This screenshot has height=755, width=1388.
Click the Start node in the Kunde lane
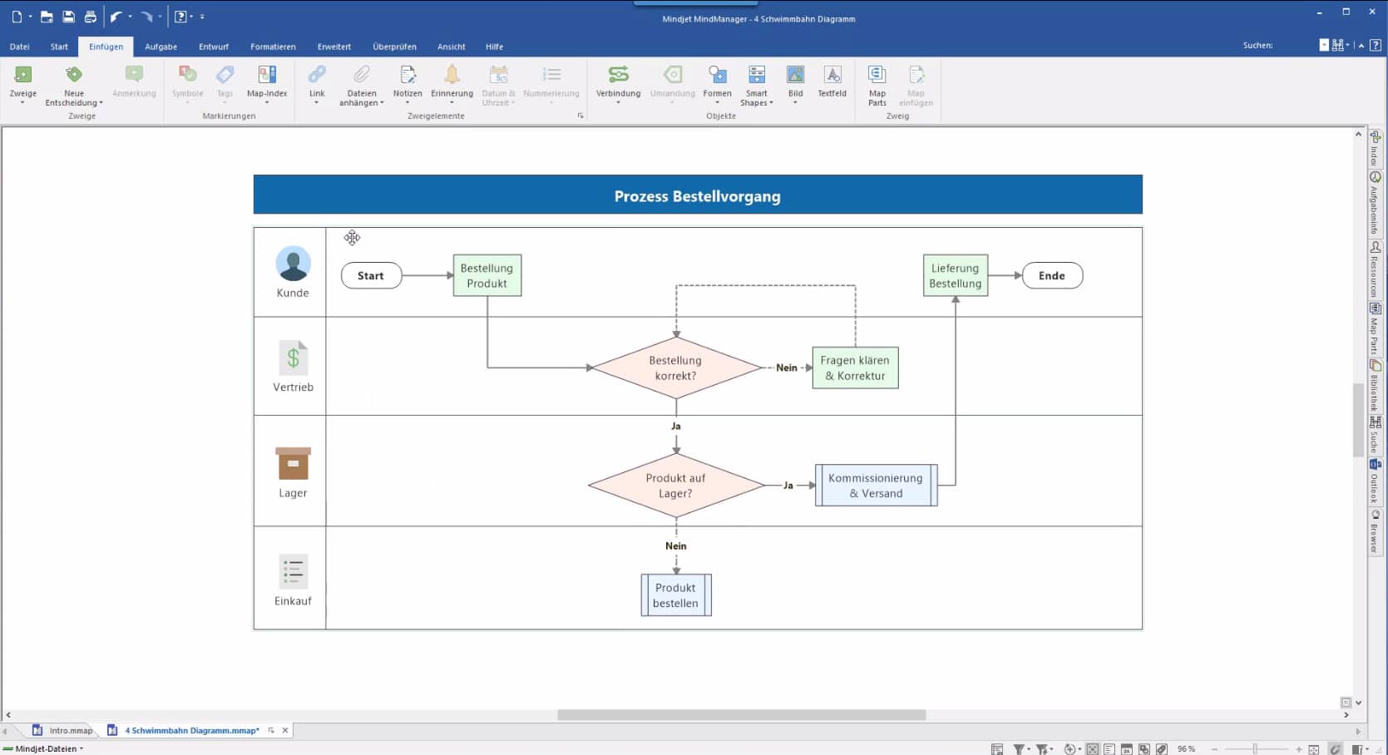(x=371, y=276)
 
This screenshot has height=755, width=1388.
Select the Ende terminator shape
(x=1051, y=276)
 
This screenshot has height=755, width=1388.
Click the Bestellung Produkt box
(x=487, y=276)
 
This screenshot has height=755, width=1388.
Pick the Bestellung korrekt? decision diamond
(x=675, y=368)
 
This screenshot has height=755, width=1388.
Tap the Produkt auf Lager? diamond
(x=675, y=486)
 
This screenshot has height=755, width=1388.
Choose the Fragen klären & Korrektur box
(x=855, y=368)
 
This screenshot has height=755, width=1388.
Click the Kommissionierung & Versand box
(x=876, y=486)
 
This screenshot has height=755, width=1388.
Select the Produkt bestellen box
(x=675, y=595)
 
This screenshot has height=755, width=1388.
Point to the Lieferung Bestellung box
(x=955, y=276)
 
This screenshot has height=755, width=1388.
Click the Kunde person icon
(x=293, y=264)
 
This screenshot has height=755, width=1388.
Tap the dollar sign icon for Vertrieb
(x=293, y=358)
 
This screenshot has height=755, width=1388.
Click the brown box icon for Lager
(x=293, y=464)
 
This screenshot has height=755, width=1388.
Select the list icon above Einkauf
(x=293, y=572)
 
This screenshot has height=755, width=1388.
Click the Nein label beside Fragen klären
(x=787, y=368)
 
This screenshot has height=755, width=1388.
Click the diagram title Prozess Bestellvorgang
(x=697, y=196)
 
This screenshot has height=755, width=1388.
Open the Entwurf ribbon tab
(x=213, y=47)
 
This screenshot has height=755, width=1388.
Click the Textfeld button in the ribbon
(x=832, y=82)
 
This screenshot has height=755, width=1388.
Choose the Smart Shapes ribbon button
(x=757, y=85)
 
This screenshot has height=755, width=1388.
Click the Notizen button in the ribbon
(x=408, y=82)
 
